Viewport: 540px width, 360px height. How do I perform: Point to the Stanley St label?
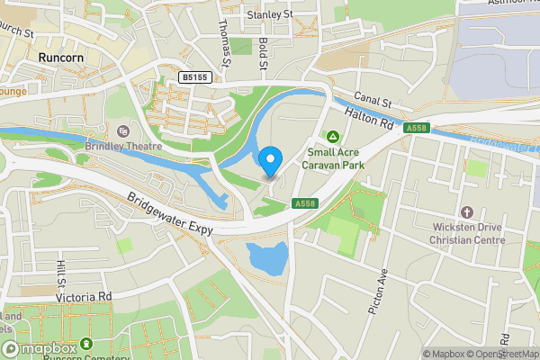click(270, 14)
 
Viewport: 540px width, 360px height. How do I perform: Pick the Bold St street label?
click(263, 52)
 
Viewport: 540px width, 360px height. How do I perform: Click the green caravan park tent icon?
click(333, 137)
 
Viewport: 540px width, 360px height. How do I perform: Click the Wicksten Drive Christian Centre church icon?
click(466, 212)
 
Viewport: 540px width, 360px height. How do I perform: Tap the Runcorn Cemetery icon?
click(85, 343)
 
